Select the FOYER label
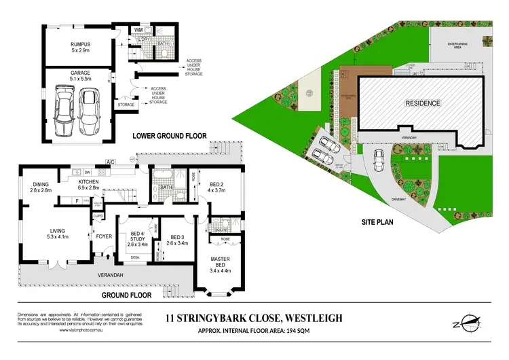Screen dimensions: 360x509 click(104, 237)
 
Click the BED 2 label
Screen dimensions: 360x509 click(216, 188)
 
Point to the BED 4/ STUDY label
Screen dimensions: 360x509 click(139, 239)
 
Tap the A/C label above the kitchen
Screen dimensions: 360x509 click(109, 162)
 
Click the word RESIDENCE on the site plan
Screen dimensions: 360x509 click(423, 103)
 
